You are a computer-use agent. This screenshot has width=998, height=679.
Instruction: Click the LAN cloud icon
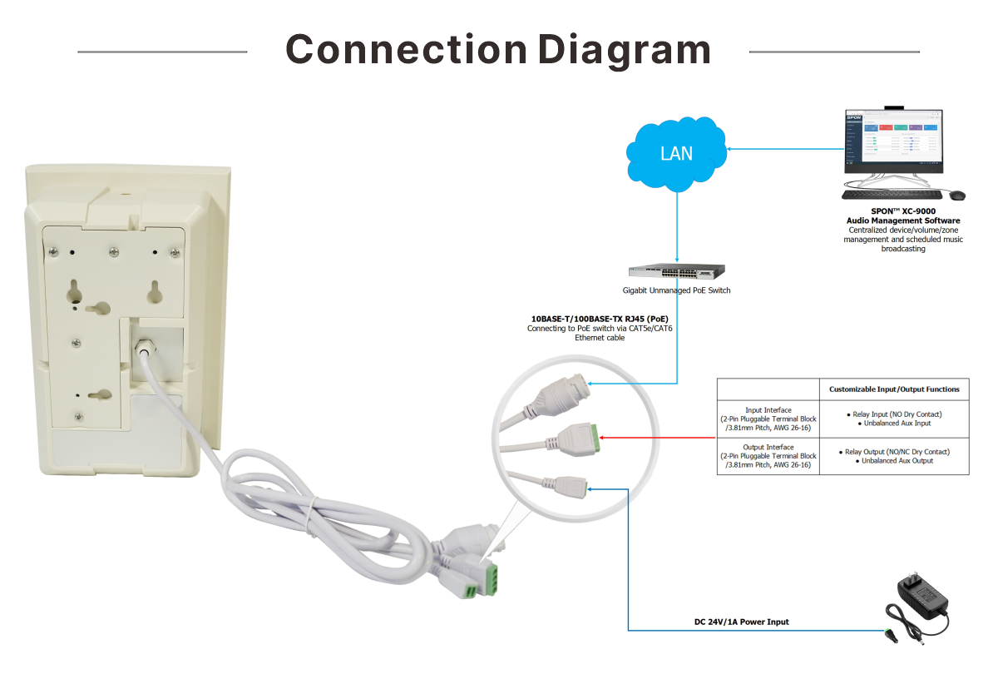pyautogui.click(x=675, y=152)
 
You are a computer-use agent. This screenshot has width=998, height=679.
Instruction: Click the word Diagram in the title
pyautogui.click(x=624, y=50)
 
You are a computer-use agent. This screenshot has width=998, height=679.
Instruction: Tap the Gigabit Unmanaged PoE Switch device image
pyautogui.click(x=676, y=270)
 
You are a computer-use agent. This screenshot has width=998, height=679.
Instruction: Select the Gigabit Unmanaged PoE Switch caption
pyautogui.click(x=676, y=290)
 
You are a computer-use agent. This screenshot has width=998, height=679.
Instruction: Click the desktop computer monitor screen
pyautogui.click(x=893, y=141)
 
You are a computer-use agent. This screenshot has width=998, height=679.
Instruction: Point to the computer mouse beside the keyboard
pyautogui.click(x=957, y=195)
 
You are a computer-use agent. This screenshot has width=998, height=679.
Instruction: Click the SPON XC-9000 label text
pyautogui.click(x=903, y=211)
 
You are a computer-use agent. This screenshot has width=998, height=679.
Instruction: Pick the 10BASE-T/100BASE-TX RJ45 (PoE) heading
pyautogui.click(x=600, y=319)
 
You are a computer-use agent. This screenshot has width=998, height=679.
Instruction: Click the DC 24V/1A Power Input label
pyautogui.click(x=742, y=622)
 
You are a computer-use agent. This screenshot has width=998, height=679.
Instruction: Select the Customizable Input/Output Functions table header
pyautogui.click(x=894, y=389)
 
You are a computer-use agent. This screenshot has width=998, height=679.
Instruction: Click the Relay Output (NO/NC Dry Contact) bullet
pyautogui.click(x=894, y=452)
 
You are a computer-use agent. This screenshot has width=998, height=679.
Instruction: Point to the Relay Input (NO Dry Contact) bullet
pyautogui.click(x=894, y=414)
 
